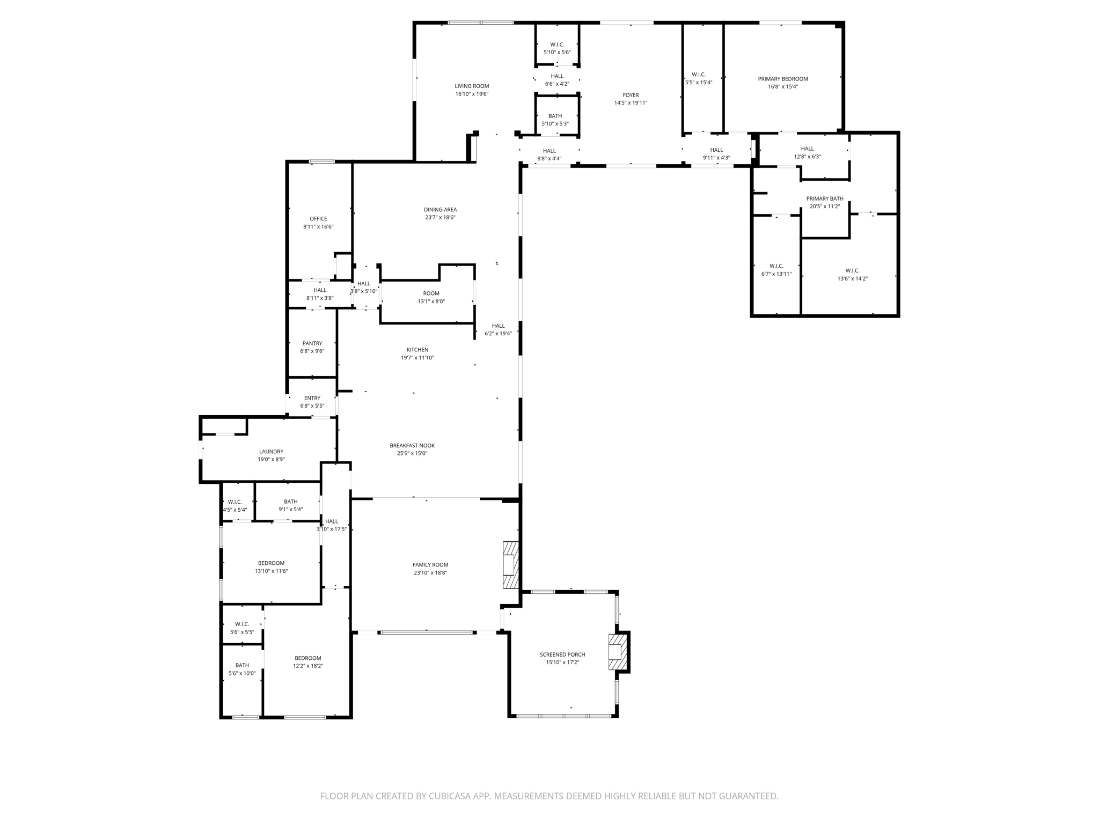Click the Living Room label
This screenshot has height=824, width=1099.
click(472, 86)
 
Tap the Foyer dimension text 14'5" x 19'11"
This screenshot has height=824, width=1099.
click(631, 103)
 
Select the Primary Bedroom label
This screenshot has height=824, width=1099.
click(782, 79)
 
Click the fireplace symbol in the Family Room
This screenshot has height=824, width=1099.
click(511, 565)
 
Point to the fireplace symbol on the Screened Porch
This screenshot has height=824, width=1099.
click(617, 652)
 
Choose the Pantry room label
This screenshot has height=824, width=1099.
click(312, 343)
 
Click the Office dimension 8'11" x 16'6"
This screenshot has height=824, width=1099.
click(318, 227)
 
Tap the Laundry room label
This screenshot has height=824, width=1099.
click(271, 452)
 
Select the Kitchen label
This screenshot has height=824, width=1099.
click(417, 350)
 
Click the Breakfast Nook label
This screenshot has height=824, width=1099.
click(412, 445)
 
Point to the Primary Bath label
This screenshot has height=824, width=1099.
click(824, 198)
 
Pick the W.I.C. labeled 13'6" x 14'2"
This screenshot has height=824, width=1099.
click(852, 275)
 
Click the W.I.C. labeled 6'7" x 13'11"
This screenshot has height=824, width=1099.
click(776, 270)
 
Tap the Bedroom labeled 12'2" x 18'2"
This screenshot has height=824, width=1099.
click(307, 662)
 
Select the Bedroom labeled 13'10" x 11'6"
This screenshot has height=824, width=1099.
click(271, 567)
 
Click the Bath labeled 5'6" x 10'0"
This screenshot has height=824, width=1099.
click(242, 669)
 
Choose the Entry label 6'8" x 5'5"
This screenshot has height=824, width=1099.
click(312, 402)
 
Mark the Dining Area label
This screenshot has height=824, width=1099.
click(440, 210)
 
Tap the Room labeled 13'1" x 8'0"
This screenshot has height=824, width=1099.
click(431, 297)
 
